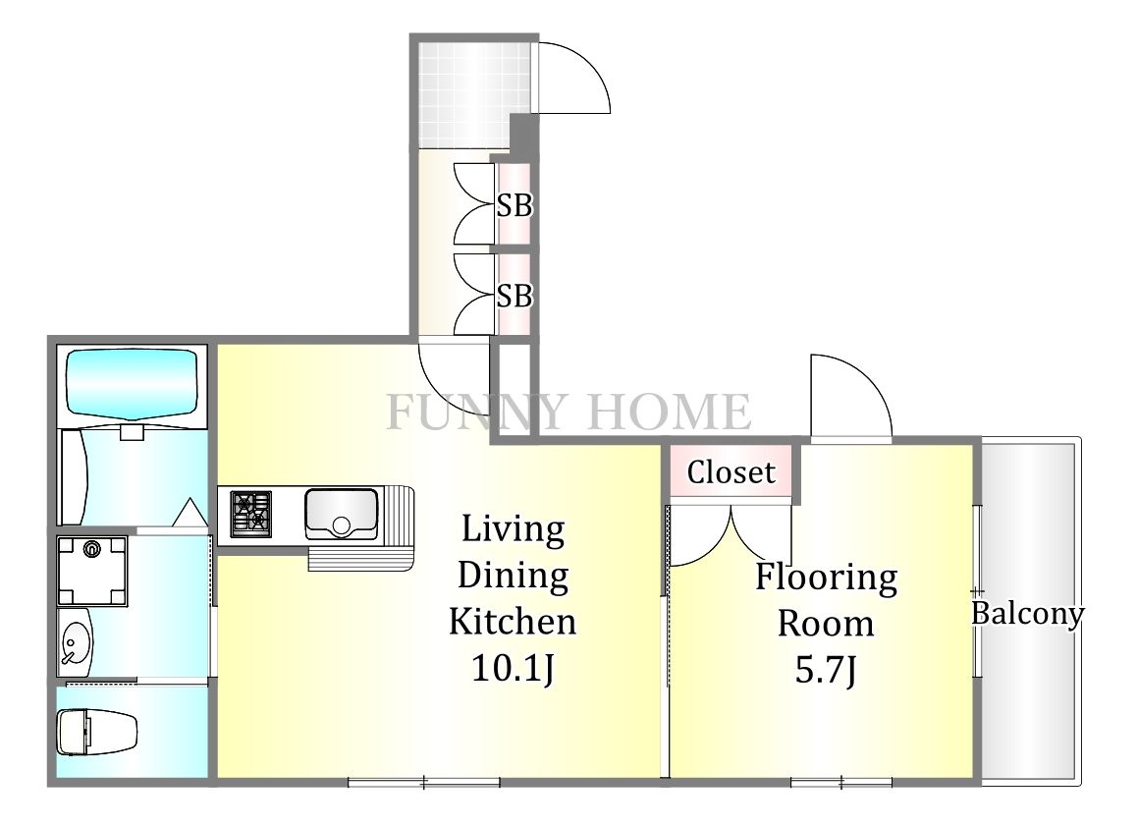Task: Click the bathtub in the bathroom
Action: [132, 384]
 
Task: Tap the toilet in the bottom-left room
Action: [97, 732]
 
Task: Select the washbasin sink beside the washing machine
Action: [75, 642]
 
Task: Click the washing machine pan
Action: [92, 571]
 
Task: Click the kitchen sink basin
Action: [341, 515]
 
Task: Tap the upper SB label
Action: [514, 206]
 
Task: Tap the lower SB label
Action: [514, 296]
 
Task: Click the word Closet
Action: [731, 472]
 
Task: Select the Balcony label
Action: [1027, 614]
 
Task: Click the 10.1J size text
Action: [513, 668]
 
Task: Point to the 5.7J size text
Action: [826, 670]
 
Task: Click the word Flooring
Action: [827, 579]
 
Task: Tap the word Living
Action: [514, 530]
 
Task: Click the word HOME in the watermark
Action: [669, 413]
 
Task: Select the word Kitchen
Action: [513, 622]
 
